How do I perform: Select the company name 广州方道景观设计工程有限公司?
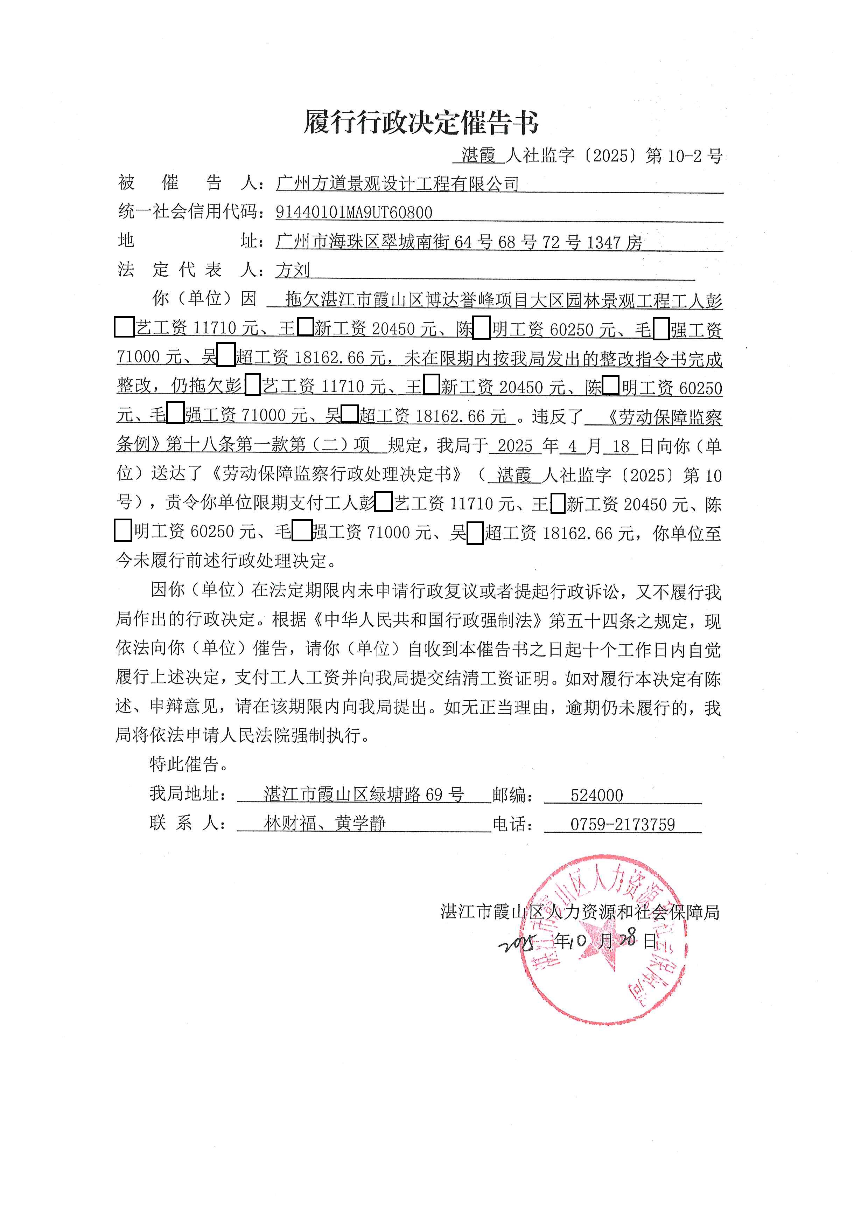[397, 184]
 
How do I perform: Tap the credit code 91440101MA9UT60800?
[354, 213]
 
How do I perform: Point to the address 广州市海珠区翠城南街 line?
[458, 242]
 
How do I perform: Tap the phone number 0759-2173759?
[623, 824]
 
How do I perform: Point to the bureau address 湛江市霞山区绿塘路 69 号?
[363, 795]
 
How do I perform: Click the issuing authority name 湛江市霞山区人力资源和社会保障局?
[580, 912]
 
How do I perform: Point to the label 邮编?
[512, 795]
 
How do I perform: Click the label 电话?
[512, 824]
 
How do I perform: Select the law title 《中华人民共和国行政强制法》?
[428, 620]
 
